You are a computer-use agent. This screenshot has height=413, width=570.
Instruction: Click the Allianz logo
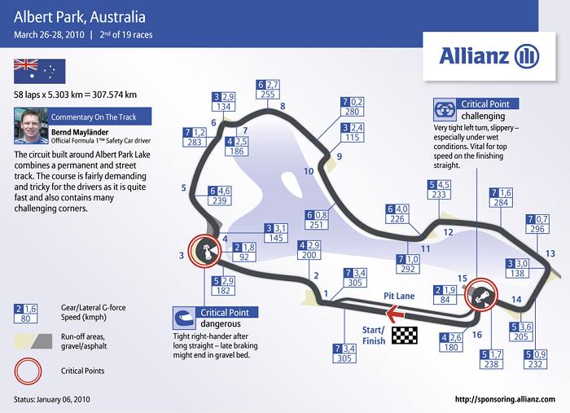[x=489, y=56]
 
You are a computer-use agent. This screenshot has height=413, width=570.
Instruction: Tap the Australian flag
[x=40, y=71]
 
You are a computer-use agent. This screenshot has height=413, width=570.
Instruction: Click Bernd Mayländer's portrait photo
[x=31, y=125]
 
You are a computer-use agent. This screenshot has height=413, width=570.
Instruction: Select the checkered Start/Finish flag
[x=405, y=335]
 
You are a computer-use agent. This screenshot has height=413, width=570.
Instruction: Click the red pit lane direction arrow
[x=395, y=314]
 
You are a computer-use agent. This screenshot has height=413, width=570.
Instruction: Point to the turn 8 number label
[x=283, y=106]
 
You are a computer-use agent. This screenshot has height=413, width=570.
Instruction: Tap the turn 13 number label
[x=550, y=253]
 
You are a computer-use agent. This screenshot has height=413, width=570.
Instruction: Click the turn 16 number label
[x=477, y=335]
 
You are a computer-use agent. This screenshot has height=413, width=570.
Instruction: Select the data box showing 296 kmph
[x=537, y=224]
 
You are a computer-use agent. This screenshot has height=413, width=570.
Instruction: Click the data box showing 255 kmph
[x=268, y=90]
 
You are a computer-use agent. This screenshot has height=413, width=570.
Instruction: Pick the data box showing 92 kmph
[x=244, y=253]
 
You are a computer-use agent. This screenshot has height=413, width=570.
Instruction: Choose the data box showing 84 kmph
[x=445, y=295]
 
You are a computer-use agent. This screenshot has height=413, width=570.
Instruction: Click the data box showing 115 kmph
[x=353, y=133]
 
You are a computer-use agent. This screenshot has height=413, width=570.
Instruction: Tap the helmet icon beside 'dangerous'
[x=184, y=319]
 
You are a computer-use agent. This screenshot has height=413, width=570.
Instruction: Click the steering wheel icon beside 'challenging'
[x=445, y=109]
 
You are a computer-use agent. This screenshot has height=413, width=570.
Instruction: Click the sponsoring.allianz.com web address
[x=505, y=399]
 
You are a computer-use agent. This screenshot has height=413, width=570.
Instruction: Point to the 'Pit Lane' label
[x=399, y=296]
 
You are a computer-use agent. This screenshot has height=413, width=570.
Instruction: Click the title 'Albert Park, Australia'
[x=80, y=17]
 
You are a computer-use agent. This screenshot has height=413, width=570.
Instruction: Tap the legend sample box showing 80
[x=25, y=314]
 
